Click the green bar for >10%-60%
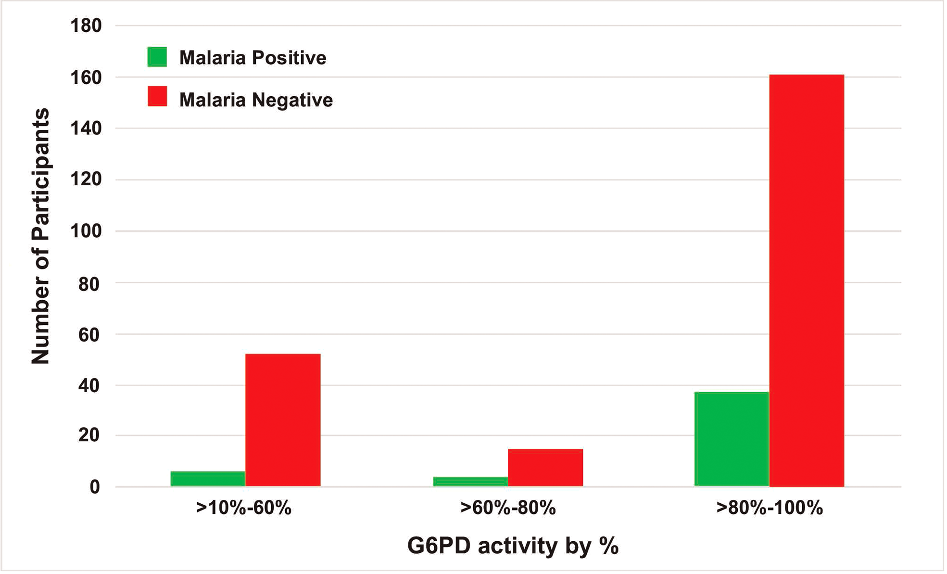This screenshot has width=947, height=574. point(208,479)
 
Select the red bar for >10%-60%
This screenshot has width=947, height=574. point(283,420)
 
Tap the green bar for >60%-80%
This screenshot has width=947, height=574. point(470,482)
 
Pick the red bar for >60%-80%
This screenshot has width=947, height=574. point(545,468)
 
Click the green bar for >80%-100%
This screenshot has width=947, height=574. point(732,439)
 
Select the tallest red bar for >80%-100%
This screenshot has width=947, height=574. point(807,281)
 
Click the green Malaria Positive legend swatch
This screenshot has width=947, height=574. point(157,57)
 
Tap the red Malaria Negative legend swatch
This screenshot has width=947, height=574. point(157,96)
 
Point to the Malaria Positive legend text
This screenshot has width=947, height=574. point(253,58)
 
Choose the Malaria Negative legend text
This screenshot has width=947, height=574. point(256,100)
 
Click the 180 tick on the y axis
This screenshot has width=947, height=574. point(86,26)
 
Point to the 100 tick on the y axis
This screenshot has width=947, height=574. point(86,231)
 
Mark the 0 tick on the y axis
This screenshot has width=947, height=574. point(95,487)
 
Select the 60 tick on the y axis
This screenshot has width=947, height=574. point(89,334)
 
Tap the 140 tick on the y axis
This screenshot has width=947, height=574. point(86,128)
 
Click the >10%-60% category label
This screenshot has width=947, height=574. point(244,508)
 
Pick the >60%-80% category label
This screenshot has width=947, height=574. point(508,508)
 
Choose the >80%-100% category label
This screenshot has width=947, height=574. point(770,508)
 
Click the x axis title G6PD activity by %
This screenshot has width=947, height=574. point(513,546)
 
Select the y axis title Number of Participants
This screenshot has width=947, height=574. point(40,236)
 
